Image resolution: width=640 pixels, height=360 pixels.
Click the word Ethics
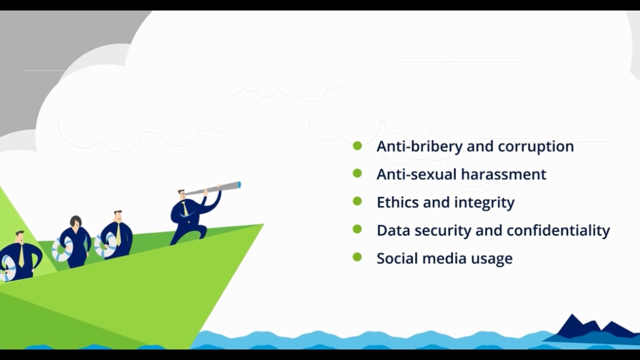pyautogui.click(x=397, y=202)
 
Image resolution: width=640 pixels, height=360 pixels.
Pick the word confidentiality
pyautogui.click(x=558, y=230)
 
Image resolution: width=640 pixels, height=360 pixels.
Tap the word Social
pyautogui.click(x=397, y=258)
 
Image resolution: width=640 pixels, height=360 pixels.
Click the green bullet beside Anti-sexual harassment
pyautogui.click(x=357, y=173)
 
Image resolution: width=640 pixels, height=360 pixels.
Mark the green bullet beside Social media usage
pyautogui.click(x=357, y=257)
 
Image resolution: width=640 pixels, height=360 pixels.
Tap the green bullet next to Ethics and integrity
pyautogui.click(x=357, y=201)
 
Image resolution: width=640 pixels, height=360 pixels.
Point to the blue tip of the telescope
pyautogui.click(x=239, y=185)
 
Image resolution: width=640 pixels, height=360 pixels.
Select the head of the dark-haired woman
pyautogui.click(x=75, y=222)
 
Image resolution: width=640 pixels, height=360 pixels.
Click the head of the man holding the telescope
pyautogui.click(x=182, y=194)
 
